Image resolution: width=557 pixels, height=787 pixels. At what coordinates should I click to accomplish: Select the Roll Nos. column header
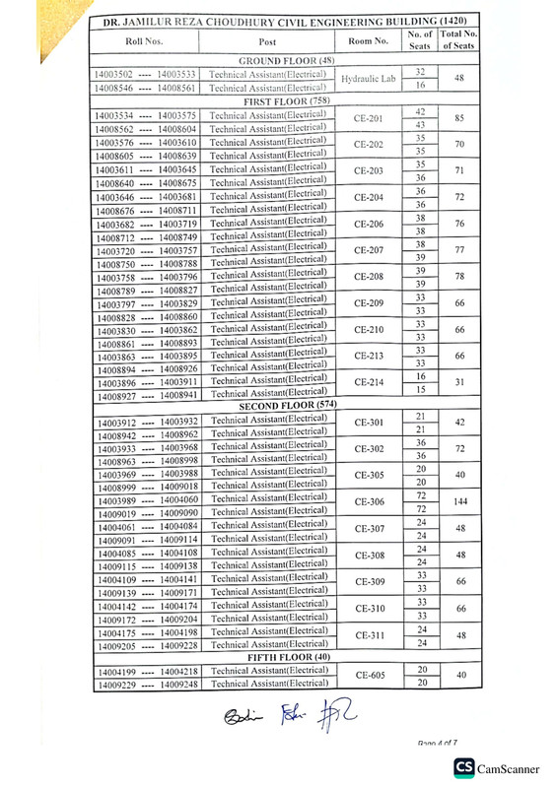[145, 41]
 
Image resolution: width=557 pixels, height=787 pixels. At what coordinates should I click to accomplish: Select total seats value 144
[458, 501]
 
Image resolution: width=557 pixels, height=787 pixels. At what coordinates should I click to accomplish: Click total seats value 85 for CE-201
[458, 119]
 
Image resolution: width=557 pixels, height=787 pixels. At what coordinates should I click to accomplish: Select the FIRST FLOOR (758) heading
[286, 100]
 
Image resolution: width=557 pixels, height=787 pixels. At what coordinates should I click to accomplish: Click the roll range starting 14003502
[145, 74]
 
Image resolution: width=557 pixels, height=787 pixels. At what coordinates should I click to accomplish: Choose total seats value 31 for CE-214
[458, 382]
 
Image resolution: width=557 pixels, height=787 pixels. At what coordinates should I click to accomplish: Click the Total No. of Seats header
[458, 41]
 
